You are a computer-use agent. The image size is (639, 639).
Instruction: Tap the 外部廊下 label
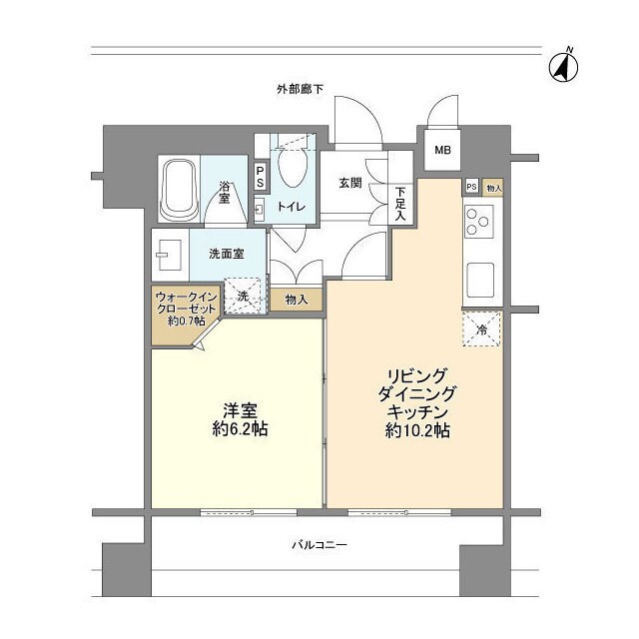[x=300, y=90]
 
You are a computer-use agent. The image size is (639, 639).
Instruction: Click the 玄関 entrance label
[x=349, y=183]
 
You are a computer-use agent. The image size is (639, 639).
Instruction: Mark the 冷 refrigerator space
[x=481, y=328]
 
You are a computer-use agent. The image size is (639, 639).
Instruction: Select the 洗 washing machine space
[x=243, y=296]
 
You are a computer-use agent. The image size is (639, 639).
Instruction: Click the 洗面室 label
[x=226, y=254]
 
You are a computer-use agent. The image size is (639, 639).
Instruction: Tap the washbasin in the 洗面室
[x=166, y=256]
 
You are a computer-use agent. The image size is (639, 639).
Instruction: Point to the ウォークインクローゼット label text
[x=186, y=309]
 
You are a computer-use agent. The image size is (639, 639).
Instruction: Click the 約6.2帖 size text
[x=237, y=429]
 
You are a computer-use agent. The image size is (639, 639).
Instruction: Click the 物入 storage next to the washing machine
[x=296, y=299]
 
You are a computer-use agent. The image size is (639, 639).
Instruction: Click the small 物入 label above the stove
[x=493, y=188]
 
